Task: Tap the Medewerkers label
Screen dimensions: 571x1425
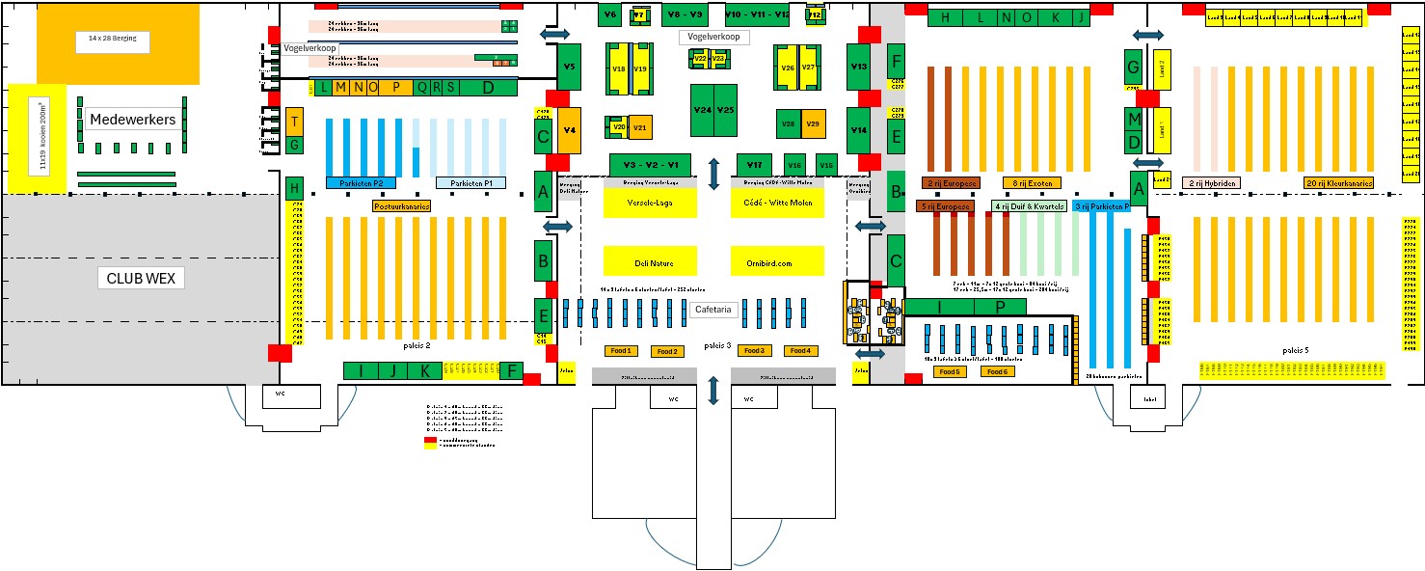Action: pyautogui.click(x=132, y=120)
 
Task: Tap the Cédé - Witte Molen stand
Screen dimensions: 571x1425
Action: pyautogui.click(x=777, y=203)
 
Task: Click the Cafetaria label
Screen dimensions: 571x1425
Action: pyautogui.click(x=714, y=311)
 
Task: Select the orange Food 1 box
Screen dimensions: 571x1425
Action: pyautogui.click(x=620, y=350)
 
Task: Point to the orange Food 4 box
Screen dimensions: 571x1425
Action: pyautogui.click(x=801, y=350)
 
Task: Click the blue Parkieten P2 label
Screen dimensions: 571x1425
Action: pyautogui.click(x=360, y=183)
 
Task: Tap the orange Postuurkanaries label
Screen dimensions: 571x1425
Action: pyautogui.click(x=401, y=205)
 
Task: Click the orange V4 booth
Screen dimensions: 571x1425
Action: pyautogui.click(x=569, y=130)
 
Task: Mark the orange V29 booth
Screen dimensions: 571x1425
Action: pyautogui.click(x=813, y=123)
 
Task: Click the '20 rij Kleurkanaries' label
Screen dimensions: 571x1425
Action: pyautogui.click(x=1339, y=183)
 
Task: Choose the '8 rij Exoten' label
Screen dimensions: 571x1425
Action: pyautogui.click(x=1032, y=183)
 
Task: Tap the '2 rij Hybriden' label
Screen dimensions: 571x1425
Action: pyautogui.click(x=1211, y=183)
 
